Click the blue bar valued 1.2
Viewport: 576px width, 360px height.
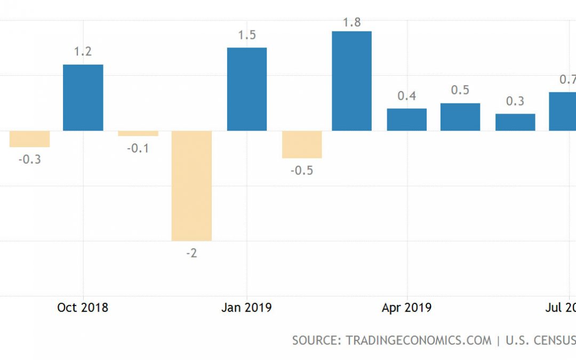coord(83,98)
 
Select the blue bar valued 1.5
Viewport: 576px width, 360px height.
coord(247,89)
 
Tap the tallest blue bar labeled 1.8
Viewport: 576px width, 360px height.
coord(351,81)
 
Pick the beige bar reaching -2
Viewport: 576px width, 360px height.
coord(191,186)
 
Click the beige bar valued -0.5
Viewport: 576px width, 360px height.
coord(302,145)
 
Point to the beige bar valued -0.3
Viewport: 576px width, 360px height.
coord(30,139)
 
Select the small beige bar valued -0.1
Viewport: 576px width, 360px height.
coord(138,133)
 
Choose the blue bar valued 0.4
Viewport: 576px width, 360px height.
coord(406,119)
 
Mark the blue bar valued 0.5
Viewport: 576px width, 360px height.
coord(460,117)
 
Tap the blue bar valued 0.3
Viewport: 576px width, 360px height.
coord(515,122)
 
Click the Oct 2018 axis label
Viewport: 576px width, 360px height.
coord(83,308)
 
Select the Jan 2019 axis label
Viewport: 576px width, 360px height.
coord(246,308)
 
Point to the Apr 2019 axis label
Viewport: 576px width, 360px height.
coord(406,308)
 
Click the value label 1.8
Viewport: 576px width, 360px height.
coord(353,22)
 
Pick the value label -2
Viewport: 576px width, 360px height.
coord(191,253)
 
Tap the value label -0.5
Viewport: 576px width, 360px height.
coord(302,171)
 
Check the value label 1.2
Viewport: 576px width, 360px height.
coord(83,52)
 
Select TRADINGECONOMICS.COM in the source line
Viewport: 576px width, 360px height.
coord(418,340)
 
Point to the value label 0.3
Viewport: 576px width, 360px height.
coord(515,101)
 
